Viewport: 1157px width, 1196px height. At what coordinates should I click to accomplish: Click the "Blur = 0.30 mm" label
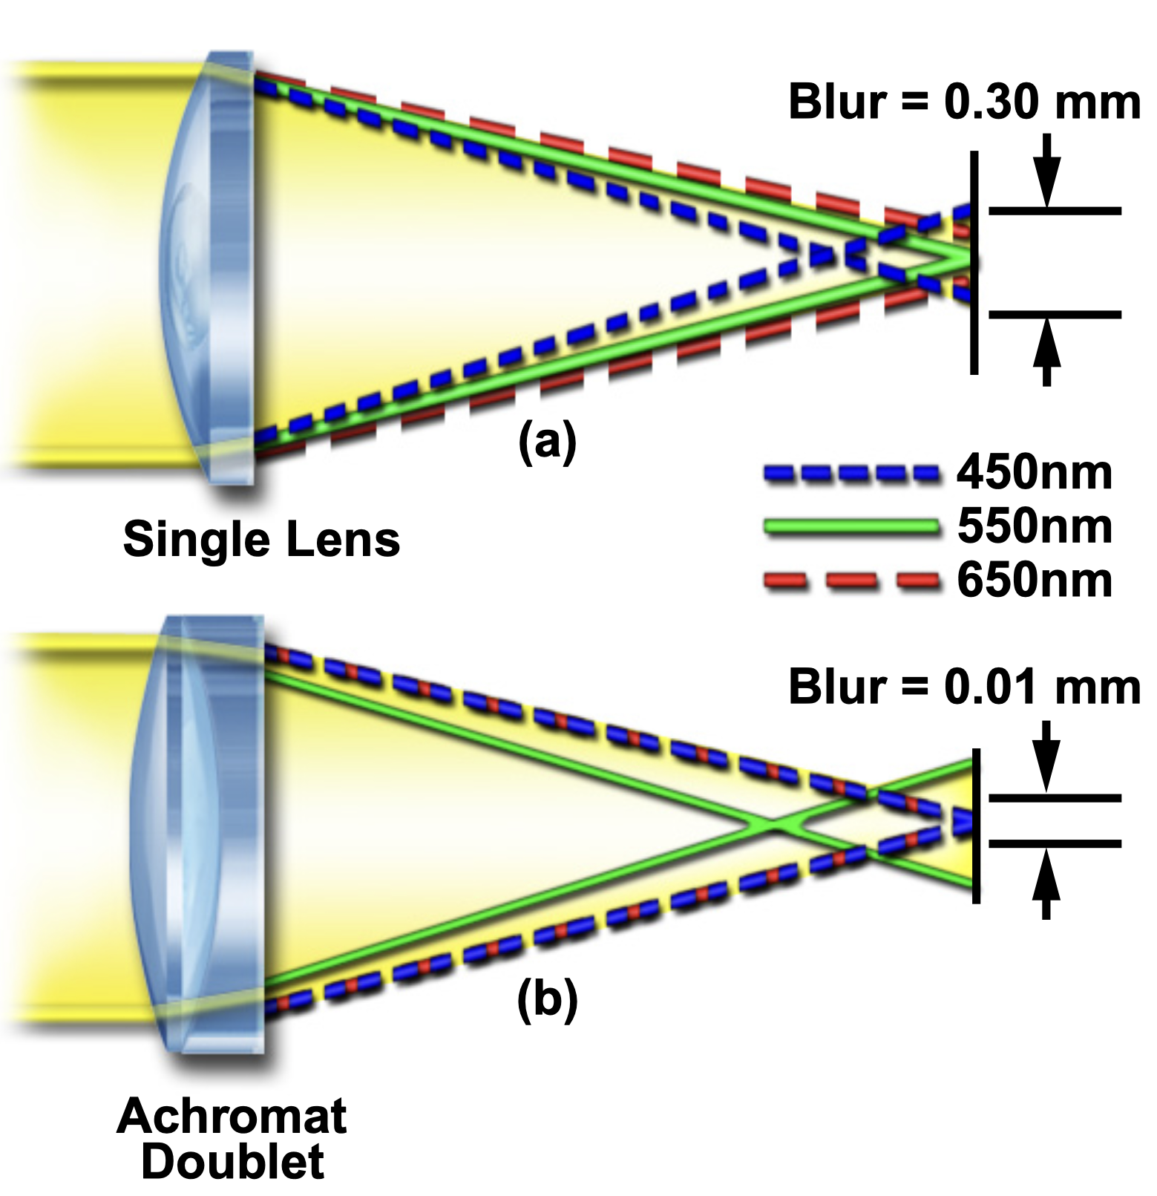tap(963, 102)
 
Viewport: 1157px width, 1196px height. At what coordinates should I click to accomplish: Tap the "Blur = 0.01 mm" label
tap(963, 687)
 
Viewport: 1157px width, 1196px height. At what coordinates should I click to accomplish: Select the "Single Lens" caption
tap(261, 539)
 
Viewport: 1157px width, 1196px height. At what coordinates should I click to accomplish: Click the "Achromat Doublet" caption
tap(232, 1139)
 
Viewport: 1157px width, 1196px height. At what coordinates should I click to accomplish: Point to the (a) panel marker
tap(547, 442)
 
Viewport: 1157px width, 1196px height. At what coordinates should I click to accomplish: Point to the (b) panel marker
tap(547, 999)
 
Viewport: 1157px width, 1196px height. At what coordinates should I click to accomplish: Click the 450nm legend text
tap(1035, 473)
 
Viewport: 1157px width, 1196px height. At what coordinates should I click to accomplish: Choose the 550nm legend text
tap(1035, 526)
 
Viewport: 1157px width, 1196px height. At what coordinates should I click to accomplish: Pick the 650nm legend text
tap(1035, 580)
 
